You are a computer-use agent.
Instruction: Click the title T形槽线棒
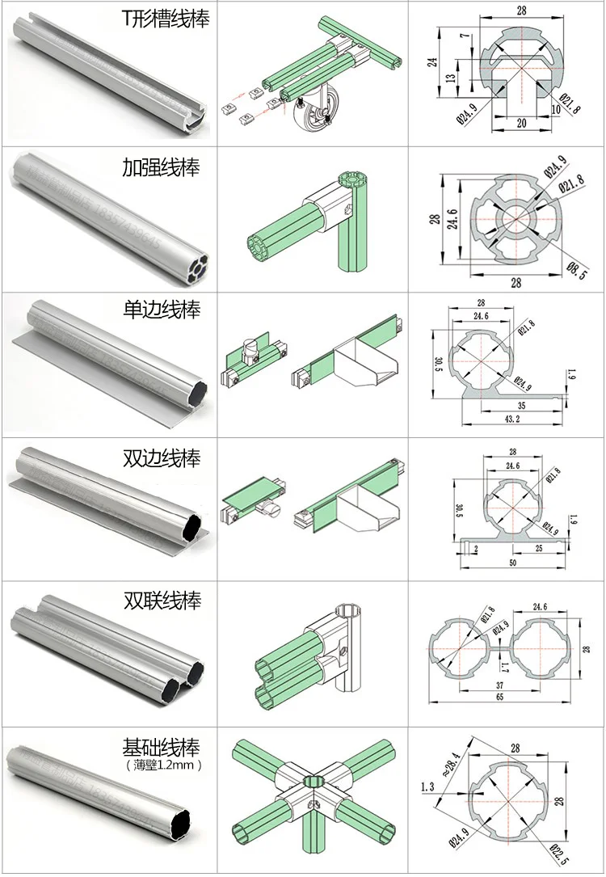[x=165, y=19]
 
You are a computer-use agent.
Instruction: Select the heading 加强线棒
[x=161, y=167]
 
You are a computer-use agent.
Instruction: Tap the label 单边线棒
[x=161, y=309]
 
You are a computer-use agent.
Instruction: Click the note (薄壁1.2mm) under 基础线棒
[x=162, y=764]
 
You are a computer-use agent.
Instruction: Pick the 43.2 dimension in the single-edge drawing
[x=511, y=420]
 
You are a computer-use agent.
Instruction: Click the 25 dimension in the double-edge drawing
[x=538, y=549]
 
